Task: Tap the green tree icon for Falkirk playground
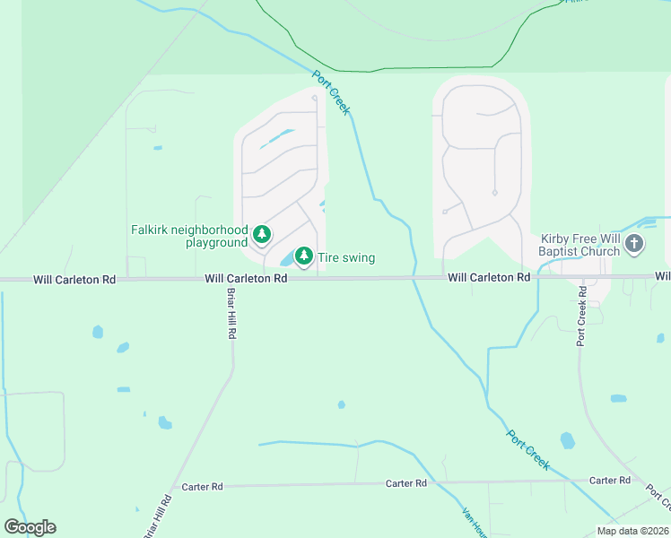261,235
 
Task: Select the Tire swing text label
346,258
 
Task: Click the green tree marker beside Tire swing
304,256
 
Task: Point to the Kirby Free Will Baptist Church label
579,246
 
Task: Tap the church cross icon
634,243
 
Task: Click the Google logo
30,527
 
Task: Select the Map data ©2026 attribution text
632,531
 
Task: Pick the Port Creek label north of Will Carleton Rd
331,93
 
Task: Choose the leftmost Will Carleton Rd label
74,280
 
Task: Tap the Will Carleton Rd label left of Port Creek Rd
489,279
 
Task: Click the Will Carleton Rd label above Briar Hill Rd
246,279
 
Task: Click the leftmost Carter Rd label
202,487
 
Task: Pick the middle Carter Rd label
406,483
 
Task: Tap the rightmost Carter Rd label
610,481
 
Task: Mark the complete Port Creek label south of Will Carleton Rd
528,449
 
